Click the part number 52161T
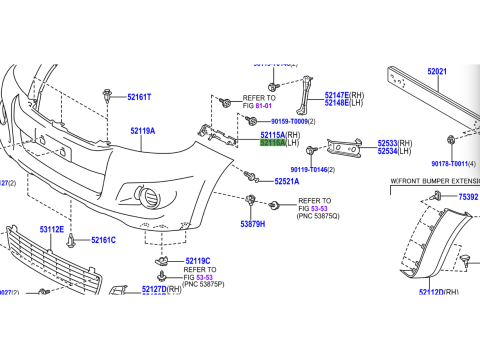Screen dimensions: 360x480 139,97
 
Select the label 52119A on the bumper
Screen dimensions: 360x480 142,130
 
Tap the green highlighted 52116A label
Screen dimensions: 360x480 273,143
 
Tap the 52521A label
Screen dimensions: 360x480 288,181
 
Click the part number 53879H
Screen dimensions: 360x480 253,225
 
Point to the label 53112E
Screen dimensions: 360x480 52,230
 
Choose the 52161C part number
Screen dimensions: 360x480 103,240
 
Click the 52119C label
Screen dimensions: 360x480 197,261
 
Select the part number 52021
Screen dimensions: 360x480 438,72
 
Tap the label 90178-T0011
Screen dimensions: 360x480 452,163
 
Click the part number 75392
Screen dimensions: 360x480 468,197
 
